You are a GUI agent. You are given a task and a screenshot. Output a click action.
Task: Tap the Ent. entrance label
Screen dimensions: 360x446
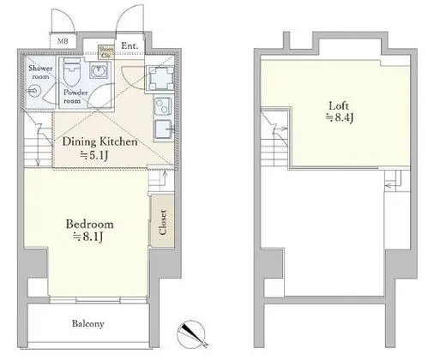point(130,46)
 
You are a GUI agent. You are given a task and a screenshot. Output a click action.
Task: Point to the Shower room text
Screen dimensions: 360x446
point(40,72)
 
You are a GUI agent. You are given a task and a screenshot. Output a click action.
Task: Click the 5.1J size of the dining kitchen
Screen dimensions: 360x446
point(98,156)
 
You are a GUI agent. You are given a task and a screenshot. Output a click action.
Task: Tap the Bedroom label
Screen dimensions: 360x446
point(89,225)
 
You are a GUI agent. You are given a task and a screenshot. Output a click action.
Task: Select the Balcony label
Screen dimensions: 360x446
point(87,323)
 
